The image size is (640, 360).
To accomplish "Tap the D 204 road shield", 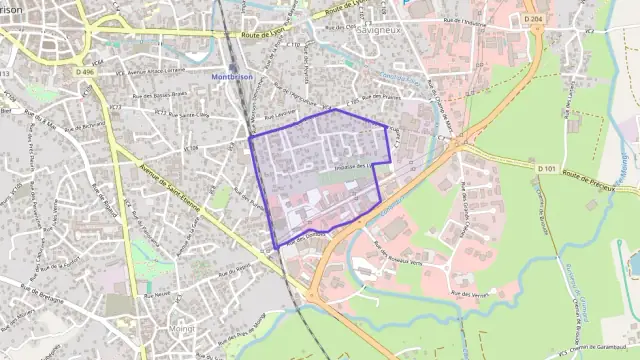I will pos(532,19).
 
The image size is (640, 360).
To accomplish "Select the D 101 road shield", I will pos(546,169).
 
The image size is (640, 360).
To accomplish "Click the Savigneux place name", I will pos(378,30).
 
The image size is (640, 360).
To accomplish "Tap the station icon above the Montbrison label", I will pos(232,67).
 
